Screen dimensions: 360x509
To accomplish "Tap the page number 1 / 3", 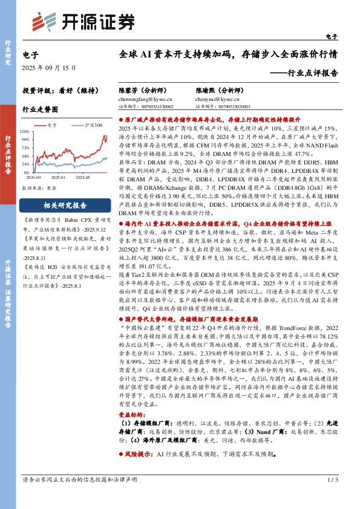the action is [332, 496].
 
